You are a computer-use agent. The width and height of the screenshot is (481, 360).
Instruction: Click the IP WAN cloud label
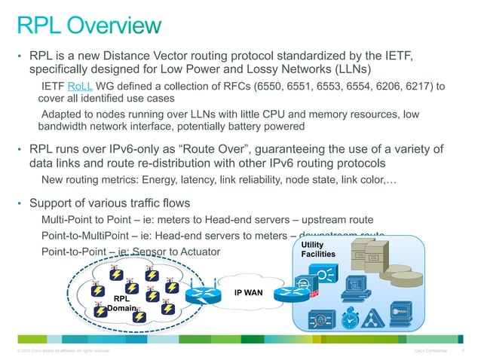(247, 292)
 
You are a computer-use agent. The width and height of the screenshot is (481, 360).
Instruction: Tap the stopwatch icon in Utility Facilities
(349, 320)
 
